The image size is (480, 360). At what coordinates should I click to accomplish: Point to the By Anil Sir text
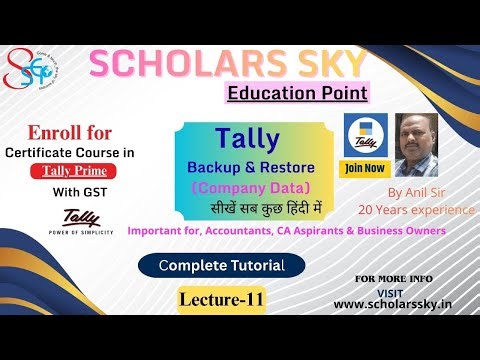413,192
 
